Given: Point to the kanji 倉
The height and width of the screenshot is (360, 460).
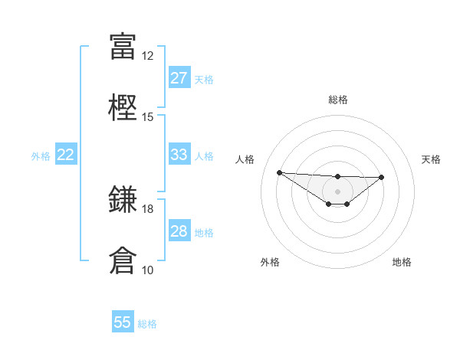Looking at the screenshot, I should pos(123,260).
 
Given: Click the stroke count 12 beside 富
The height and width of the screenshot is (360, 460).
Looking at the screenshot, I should pos(147,56).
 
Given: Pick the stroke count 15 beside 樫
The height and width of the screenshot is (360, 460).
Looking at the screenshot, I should pos(147,117).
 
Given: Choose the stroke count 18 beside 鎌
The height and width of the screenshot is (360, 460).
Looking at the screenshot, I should pos(147,209).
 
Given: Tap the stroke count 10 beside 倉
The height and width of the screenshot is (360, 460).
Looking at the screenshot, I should pos(147,270).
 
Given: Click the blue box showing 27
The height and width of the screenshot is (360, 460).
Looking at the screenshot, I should pos(179,78).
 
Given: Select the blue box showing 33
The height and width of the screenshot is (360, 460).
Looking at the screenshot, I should pos(179,155).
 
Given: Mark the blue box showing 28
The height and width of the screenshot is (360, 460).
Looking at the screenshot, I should pos(179,231).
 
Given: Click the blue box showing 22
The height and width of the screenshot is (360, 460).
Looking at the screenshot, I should pos(66,155).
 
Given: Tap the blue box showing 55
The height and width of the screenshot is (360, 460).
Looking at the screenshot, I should pos(123,322).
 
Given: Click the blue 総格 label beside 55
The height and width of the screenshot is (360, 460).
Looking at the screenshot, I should pos(147,324).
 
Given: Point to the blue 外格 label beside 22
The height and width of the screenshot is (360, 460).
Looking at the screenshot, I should pos(41,156).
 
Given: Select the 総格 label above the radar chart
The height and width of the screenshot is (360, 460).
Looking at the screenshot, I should pos(337,100).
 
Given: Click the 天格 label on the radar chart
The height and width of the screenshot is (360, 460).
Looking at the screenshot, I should pos(432,159).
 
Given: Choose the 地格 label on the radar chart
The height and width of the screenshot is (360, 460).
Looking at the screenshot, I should pos(402,262).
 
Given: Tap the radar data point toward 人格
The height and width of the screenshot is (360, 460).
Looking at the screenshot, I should pos(279,172).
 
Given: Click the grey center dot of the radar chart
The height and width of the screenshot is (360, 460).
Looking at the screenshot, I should pos(337,191).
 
